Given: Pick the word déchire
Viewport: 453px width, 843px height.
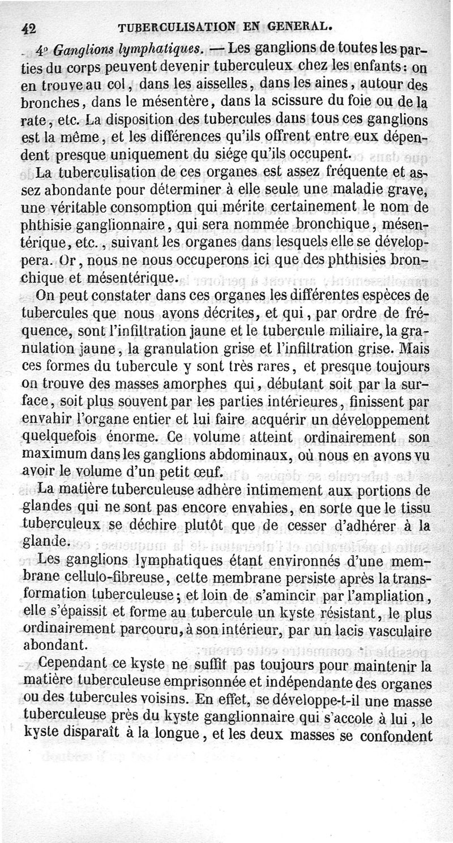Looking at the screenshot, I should [155, 527].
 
